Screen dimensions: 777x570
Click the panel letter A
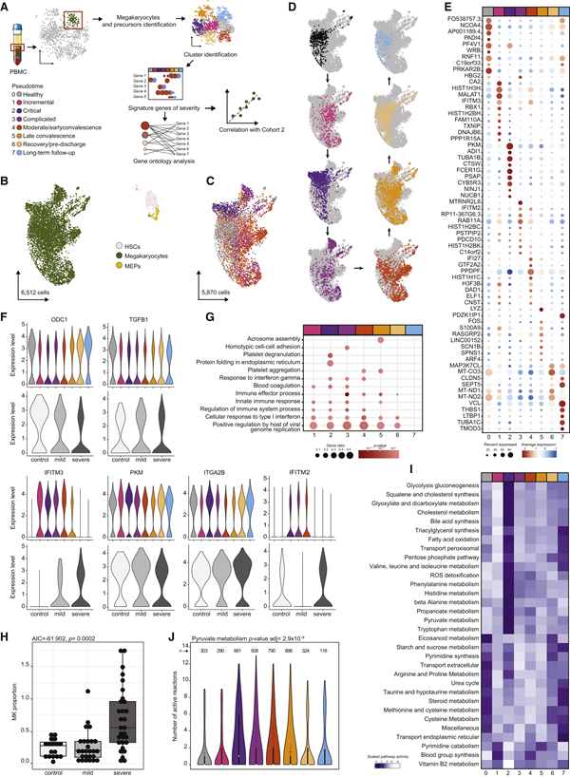point(7,7)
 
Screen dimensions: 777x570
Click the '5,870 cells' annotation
point(219,282)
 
